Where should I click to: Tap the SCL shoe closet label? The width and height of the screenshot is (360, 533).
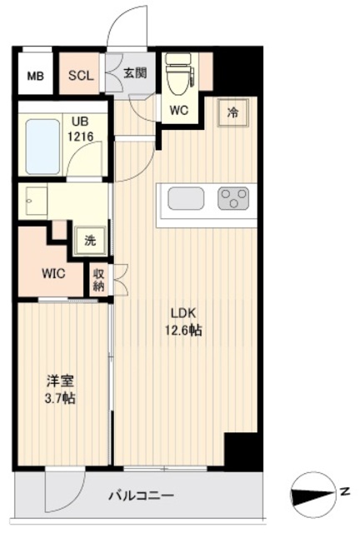pyautogui.click(x=81, y=76)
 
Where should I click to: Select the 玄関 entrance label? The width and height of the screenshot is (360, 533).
pyautogui.click(x=135, y=73)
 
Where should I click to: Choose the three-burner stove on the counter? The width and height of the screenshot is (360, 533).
pyautogui.click(x=233, y=198)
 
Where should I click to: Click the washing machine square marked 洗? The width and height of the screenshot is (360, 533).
pyautogui.click(x=89, y=242)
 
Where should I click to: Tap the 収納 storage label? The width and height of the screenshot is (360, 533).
pyautogui.click(x=99, y=279)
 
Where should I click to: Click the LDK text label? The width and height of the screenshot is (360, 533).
pyautogui.click(x=184, y=314)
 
